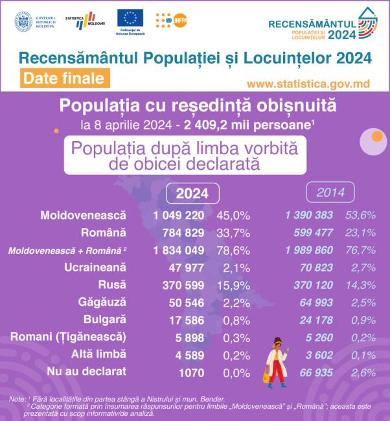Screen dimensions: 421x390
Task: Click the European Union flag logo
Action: point(131,19)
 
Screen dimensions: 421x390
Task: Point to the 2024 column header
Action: point(192,193)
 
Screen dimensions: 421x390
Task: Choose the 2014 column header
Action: point(330,192)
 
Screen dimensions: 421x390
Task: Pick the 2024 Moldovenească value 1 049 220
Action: point(179,214)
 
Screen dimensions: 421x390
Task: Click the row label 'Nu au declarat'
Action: point(87,372)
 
